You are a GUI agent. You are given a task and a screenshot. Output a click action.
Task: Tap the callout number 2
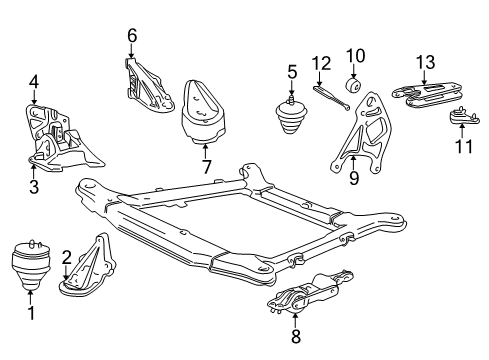(67, 257)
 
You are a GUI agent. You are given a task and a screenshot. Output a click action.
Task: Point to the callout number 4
(33, 82)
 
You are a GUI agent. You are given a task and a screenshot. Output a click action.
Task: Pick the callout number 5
(293, 71)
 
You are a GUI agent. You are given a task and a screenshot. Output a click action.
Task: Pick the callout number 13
(424, 62)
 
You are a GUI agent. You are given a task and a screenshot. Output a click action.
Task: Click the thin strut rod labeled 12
(329, 97)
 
